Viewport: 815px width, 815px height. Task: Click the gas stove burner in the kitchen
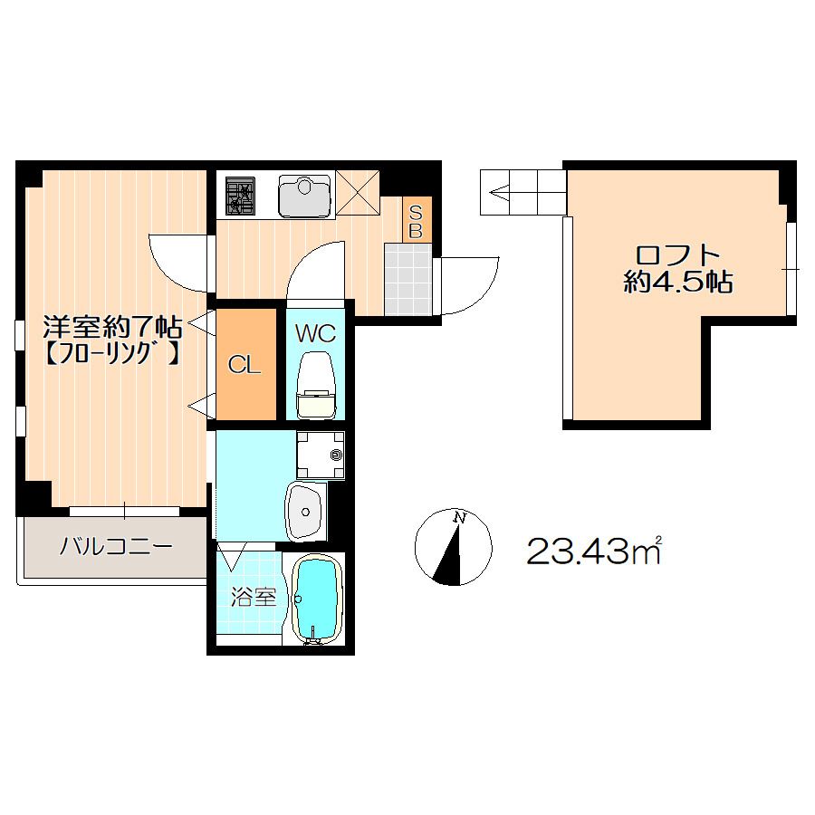point(240,196)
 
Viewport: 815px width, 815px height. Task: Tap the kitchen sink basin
point(304,196)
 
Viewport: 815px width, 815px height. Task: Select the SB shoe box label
point(416,221)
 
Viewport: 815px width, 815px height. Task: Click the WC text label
point(315,333)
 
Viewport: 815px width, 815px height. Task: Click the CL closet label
point(244,366)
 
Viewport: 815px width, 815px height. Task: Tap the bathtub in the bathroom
point(316,599)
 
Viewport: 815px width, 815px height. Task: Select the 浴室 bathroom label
point(254,598)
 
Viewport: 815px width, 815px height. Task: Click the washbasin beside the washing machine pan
point(306,512)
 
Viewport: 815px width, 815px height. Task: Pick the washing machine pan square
point(321,455)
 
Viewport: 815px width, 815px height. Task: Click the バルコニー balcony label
point(115,547)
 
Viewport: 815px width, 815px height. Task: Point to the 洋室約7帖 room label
point(111,328)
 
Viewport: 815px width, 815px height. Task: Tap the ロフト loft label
point(677,255)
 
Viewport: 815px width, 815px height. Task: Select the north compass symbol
point(453,547)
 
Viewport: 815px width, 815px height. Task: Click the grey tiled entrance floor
point(408,280)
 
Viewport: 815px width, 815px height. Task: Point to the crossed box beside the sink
point(358,192)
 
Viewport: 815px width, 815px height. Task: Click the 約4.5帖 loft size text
point(677,283)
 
